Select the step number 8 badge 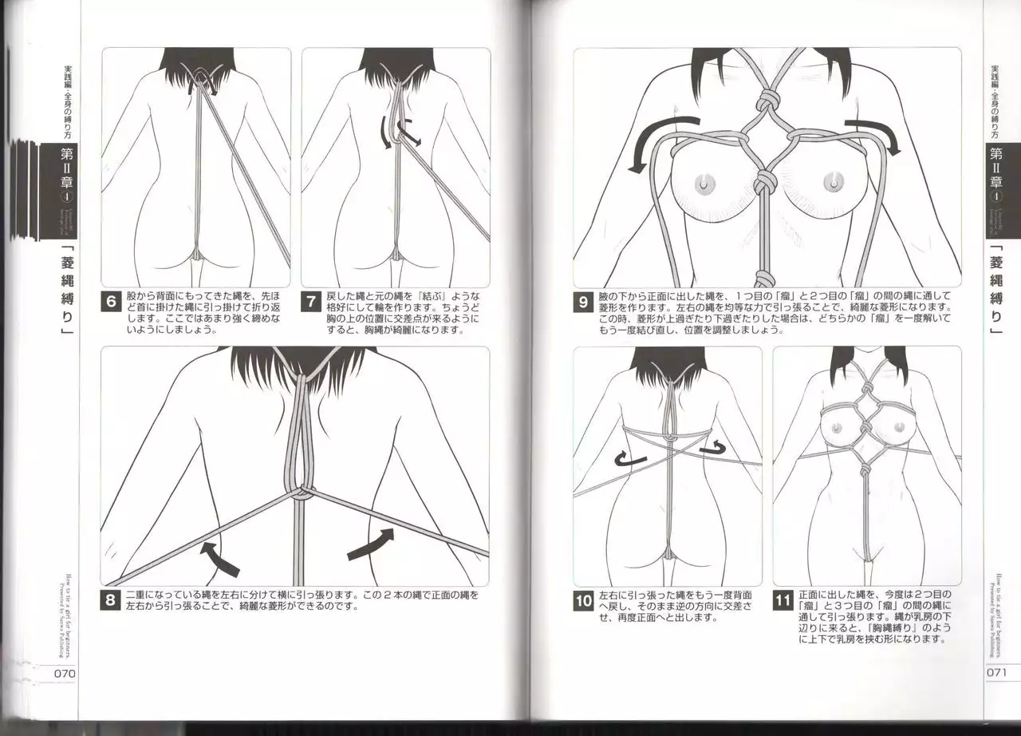click(x=112, y=601)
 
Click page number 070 click(x=64, y=672)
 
